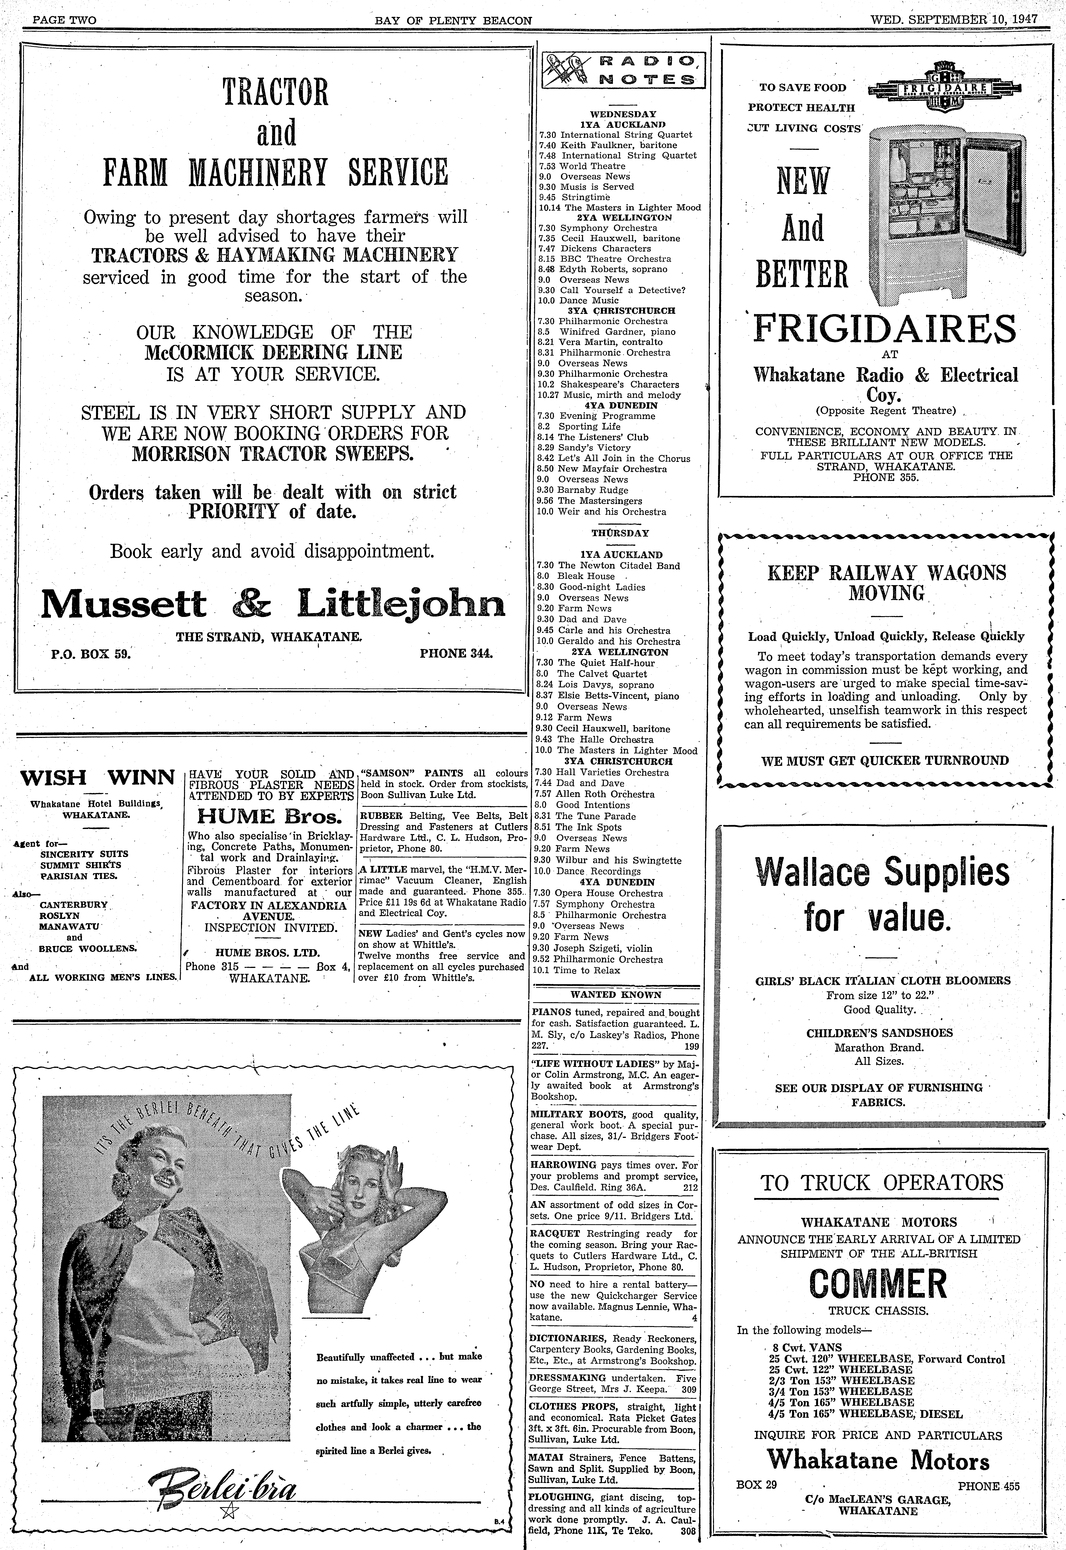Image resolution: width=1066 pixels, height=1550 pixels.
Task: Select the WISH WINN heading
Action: (98, 778)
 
